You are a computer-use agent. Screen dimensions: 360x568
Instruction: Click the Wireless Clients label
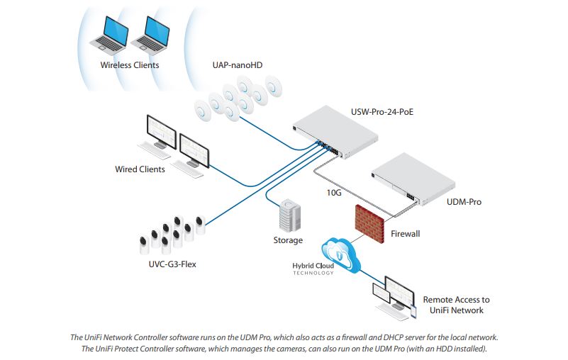(130, 65)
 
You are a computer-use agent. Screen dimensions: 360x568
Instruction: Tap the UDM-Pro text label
(462, 202)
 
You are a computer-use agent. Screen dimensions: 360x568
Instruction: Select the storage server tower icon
(289, 215)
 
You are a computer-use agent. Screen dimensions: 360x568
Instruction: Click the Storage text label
(288, 240)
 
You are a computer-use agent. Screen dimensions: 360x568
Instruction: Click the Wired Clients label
(140, 169)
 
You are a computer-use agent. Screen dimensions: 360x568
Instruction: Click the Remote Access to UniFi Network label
(456, 305)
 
